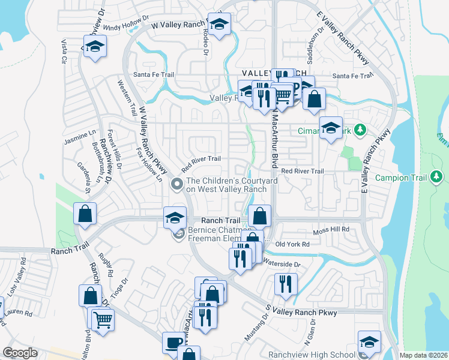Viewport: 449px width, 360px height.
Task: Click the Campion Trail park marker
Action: [x=438, y=177]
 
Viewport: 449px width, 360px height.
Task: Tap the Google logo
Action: [x=20, y=353]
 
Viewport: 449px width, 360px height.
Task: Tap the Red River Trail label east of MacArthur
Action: [x=302, y=171]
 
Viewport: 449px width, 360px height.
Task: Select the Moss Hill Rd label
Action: [x=331, y=230]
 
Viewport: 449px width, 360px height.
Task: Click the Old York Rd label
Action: [x=292, y=244]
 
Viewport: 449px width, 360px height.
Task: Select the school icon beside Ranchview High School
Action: [x=369, y=341]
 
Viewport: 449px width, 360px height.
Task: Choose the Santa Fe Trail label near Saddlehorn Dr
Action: [x=353, y=76]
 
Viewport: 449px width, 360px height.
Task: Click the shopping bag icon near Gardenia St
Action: [x=85, y=213]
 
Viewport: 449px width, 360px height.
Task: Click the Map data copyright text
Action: [x=423, y=355]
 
